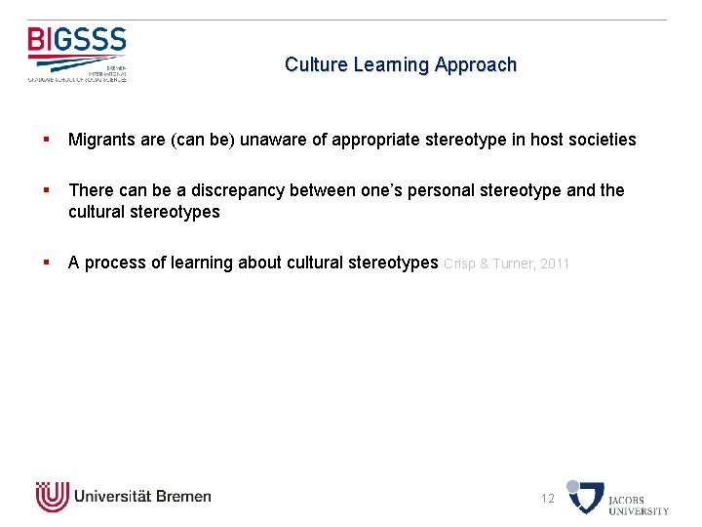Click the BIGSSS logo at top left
point(77,54)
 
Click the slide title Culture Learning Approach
point(400,65)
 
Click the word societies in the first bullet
point(602,140)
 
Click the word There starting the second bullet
point(90,190)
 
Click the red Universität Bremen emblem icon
point(52,497)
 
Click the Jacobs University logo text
point(639,505)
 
